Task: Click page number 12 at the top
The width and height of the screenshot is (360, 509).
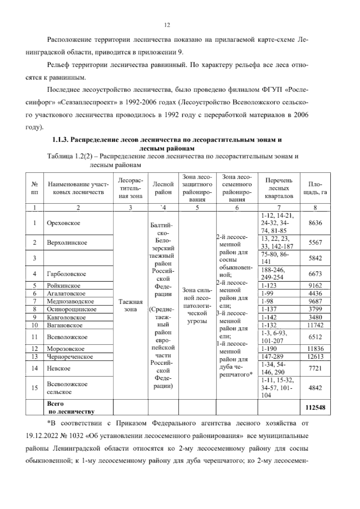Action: click(x=167, y=25)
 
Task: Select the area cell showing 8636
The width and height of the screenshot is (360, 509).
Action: click(x=315, y=223)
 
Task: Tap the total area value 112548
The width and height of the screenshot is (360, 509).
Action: click(x=315, y=408)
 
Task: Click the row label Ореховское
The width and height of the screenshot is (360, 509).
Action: click(x=63, y=223)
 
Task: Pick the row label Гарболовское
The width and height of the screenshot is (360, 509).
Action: click(x=66, y=274)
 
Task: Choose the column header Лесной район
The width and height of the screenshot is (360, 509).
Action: click(x=163, y=188)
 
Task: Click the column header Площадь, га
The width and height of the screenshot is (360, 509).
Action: click(x=315, y=188)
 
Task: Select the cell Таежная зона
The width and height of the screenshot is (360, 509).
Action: click(x=130, y=305)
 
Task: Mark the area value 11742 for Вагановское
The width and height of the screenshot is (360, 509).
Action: click(x=315, y=325)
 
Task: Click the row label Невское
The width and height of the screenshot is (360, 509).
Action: click(x=58, y=368)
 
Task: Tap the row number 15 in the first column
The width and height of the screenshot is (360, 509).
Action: click(x=34, y=388)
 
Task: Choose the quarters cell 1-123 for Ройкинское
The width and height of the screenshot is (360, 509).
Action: click(x=269, y=285)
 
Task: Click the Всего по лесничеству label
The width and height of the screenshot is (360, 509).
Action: click(x=70, y=408)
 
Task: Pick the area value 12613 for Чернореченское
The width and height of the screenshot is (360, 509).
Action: click(x=315, y=357)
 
